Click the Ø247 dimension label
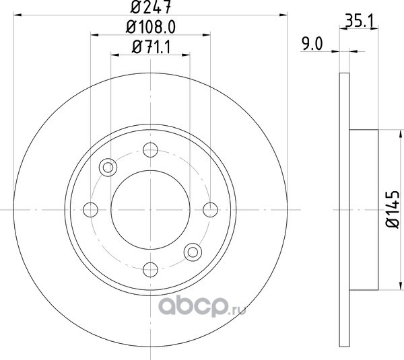coord(150,7)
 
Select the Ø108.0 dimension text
coord(151,28)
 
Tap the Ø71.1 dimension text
coord(151,47)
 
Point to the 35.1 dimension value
coord(359,22)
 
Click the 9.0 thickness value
coord(312,44)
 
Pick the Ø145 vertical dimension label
coord(393,209)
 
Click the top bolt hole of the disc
coord(150,149)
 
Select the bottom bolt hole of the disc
coord(150,270)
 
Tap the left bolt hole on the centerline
coord(90,210)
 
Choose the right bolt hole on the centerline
coord(210,210)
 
